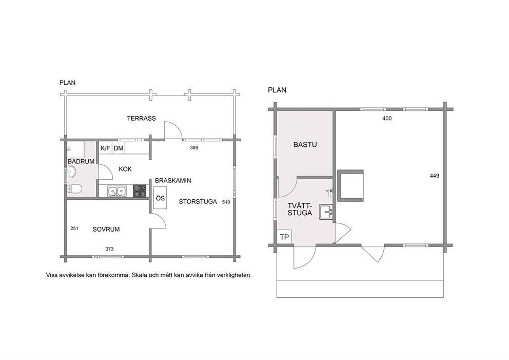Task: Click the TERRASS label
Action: tap(141, 118)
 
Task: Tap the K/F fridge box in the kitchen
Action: tap(105, 148)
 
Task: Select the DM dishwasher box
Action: tap(119, 148)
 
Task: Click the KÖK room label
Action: tap(125, 169)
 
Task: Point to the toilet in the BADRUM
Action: tap(74, 189)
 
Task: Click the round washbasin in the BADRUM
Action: tap(71, 172)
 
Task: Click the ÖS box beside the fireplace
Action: tap(161, 198)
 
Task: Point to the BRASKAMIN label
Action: tap(173, 181)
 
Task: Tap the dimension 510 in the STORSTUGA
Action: tap(226, 202)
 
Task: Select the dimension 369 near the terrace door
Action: tap(194, 148)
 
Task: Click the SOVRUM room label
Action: tap(106, 230)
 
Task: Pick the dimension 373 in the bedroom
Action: tap(109, 249)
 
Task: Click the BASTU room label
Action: tap(305, 145)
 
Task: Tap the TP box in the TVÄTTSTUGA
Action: tap(284, 237)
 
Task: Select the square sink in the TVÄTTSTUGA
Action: tap(326, 212)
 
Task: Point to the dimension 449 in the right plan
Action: tap(434, 176)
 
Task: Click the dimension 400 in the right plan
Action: tap(387, 119)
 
